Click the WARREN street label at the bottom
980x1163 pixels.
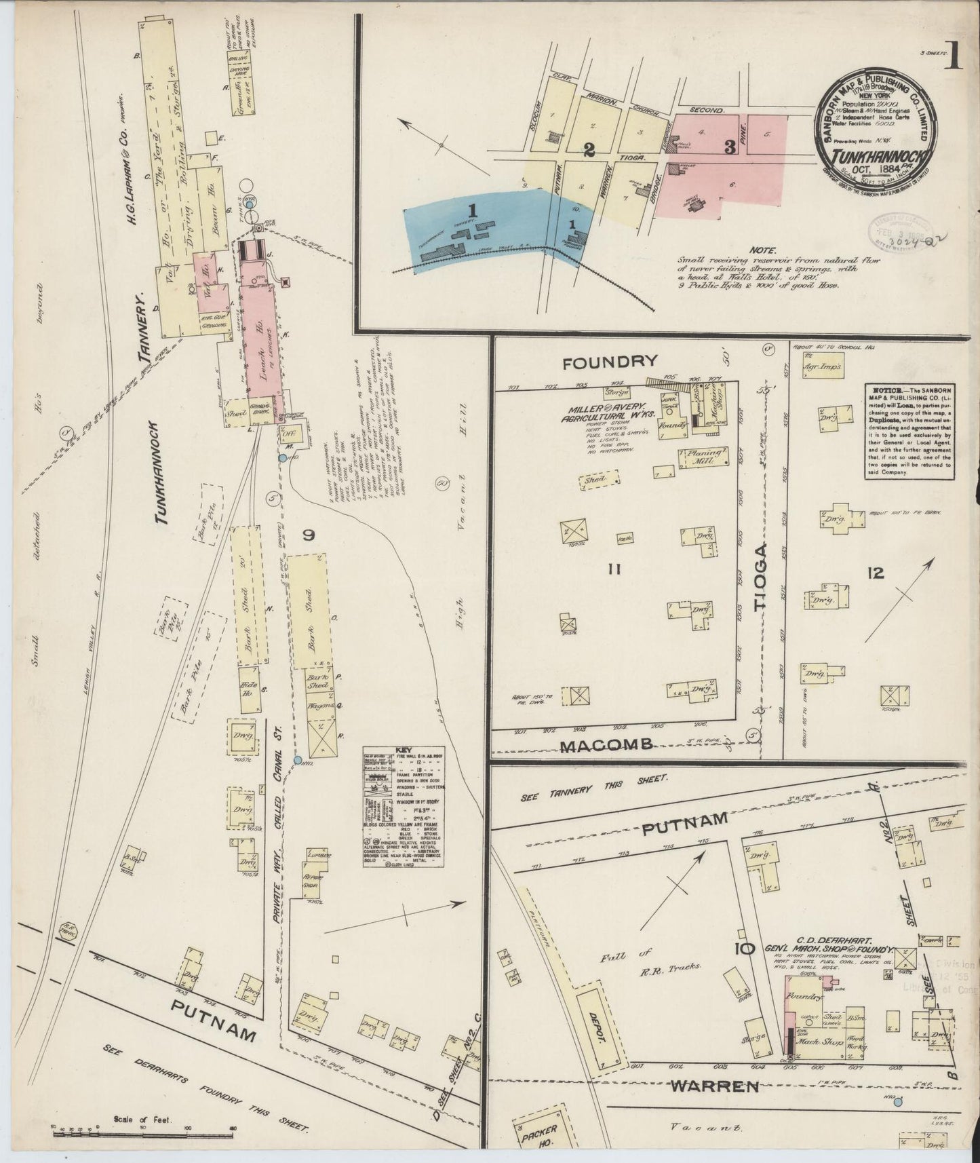[715, 1087]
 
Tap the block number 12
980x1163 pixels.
[875, 573]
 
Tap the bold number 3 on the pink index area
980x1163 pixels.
[729, 147]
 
